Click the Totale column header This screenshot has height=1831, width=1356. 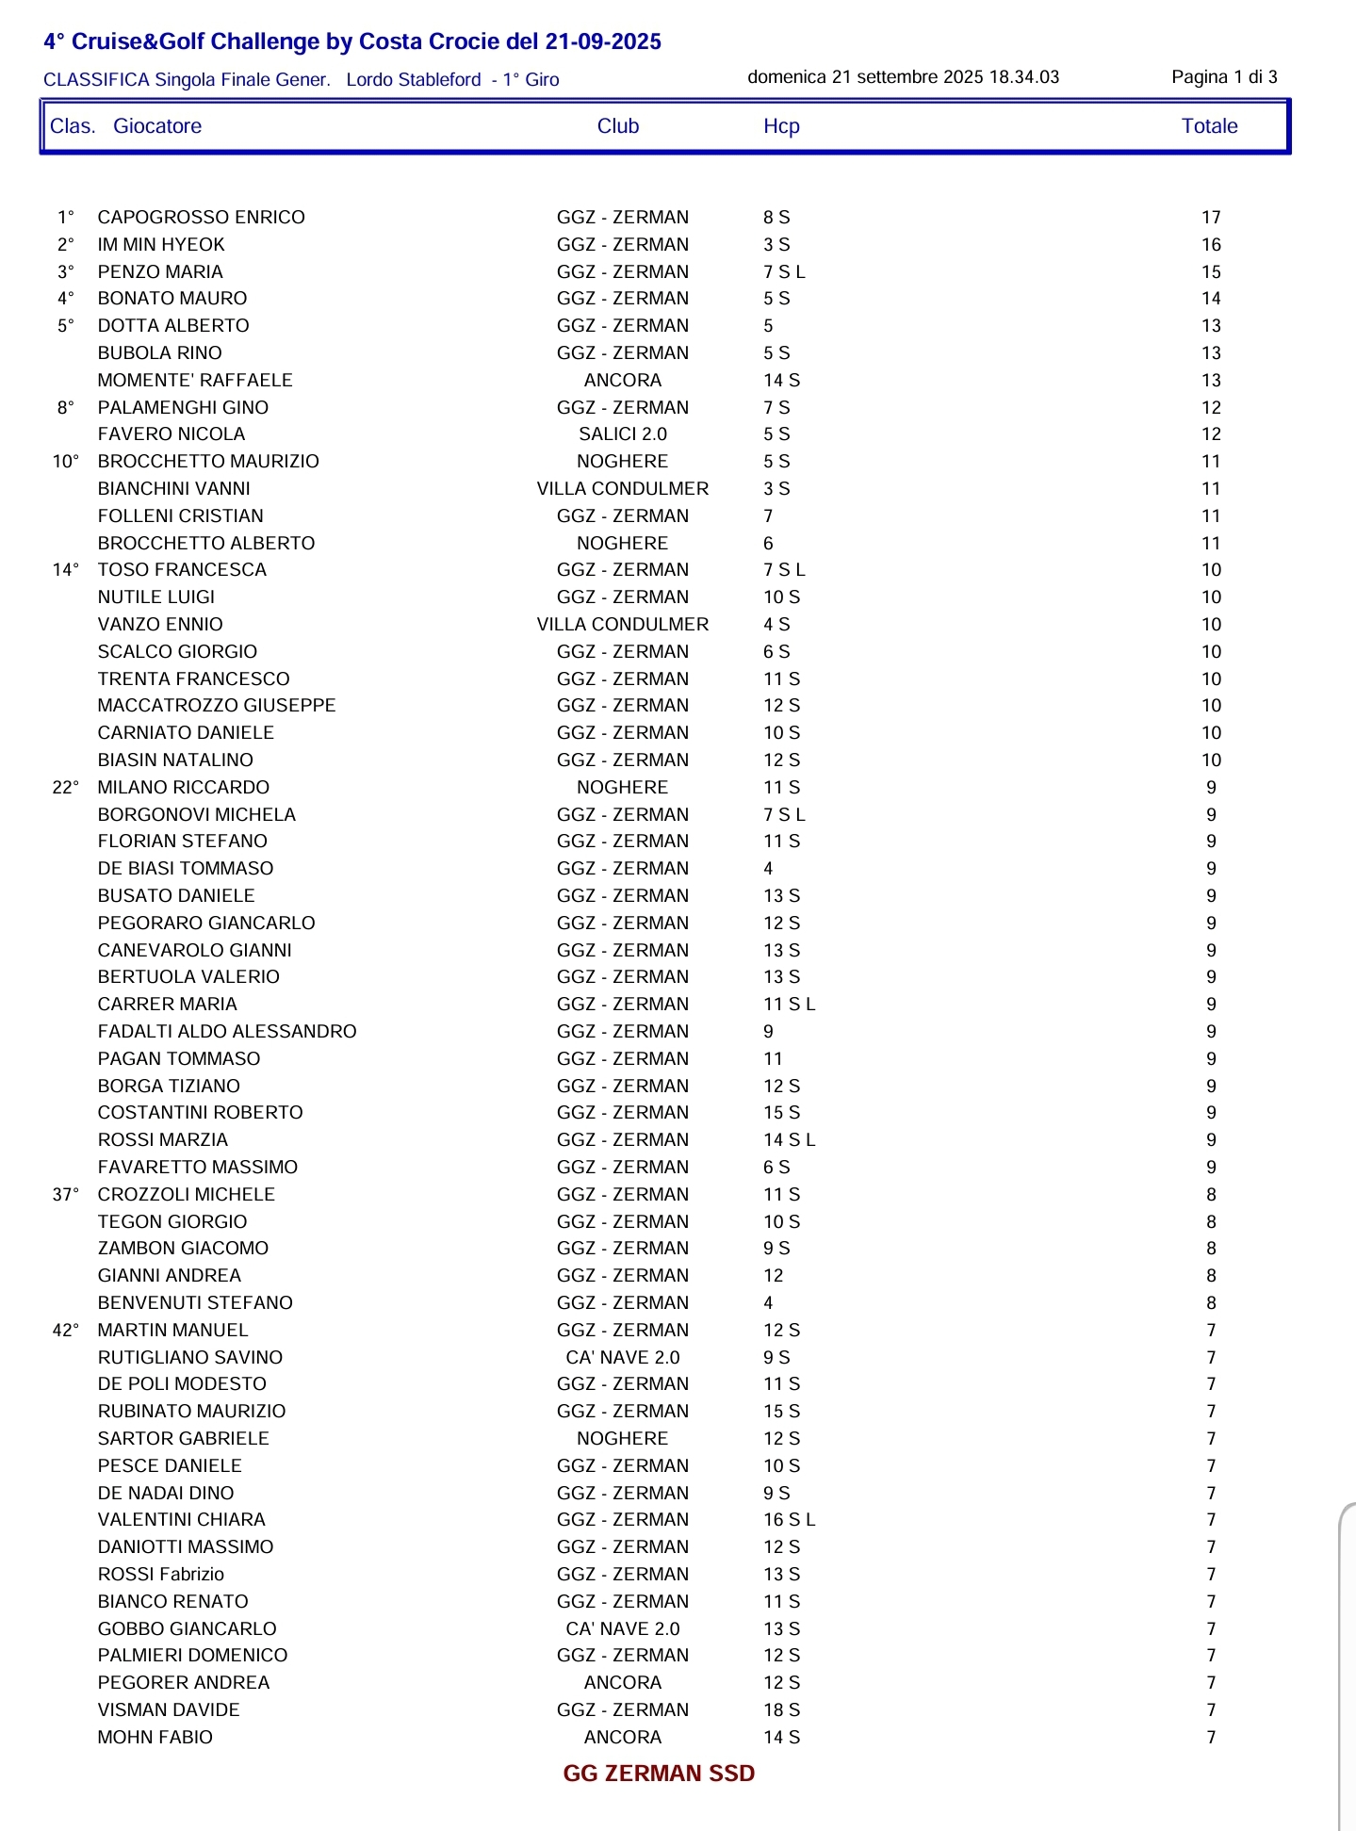pyautogui.click(x=1209, y=126)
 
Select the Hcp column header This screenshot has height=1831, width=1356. pyautogui.click(x=781, y=126)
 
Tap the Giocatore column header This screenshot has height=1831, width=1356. pyautogui.click(x=157, y=126)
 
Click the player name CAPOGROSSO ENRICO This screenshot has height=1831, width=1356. pyautogui.click(x=201, y=218)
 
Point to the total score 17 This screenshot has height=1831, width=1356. pyautogui.click(x=1211, y=218)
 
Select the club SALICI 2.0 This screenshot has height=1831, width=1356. pyautogui.click(x=623, y=434)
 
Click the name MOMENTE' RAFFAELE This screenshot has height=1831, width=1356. pyautogui.click(x=195, y=381)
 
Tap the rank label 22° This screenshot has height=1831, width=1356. pyautogui.click(x=66, y=788)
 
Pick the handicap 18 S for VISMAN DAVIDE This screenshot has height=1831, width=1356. pyautogui.click(x=781, y=1710)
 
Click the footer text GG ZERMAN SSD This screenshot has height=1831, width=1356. pyautogui.click(x=659, y=1774)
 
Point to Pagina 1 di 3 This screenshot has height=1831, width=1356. pyautogui.click(x=1224, y=77)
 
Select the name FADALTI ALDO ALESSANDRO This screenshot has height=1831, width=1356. pyautogui.click(x=227, y=1032)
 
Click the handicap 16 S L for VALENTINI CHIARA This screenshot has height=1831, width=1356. pyautogui.click(x=789, y=1520)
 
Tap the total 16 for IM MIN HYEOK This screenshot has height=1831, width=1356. pyautogui.click(x=1211, y=245)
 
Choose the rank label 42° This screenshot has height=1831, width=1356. pyautogui.click(x=66, y=1331)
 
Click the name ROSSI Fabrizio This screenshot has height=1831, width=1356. pyautogui.click(x=161, y=1575)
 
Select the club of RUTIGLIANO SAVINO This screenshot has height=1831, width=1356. pyautogui.click(x=623, y=1358)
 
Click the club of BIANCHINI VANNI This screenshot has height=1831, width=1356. pyautogui.click(x=623, y=489)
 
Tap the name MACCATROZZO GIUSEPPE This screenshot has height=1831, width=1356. pyautogui.click(x=217, y=706)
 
